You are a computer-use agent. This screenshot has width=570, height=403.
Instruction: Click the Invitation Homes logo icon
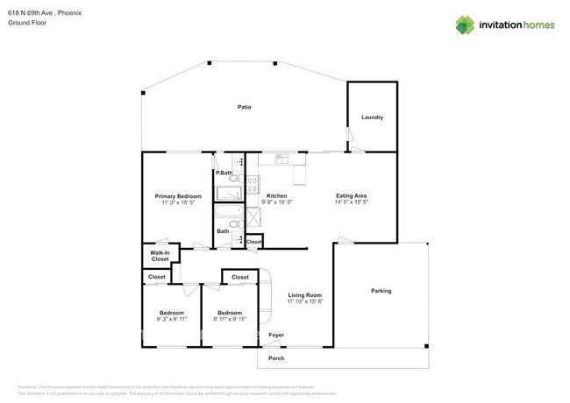point(465,25)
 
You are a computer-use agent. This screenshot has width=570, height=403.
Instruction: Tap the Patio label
point(245,107)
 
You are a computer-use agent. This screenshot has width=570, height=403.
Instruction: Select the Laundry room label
point(373,117)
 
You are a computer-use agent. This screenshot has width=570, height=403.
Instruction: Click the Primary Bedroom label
point(178,196)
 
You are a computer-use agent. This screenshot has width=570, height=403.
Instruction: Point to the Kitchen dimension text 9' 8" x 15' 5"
point(276,202)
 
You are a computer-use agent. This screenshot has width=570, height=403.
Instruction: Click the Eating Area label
point(352,195)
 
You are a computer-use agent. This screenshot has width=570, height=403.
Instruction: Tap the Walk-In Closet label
point(160,256)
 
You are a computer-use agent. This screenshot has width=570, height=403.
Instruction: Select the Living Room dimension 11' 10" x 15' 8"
point(306,302)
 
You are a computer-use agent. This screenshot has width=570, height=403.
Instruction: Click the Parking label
point(381,291)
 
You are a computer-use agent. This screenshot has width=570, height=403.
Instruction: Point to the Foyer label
point(276,335)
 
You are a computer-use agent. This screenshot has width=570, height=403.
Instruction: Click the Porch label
point(276,358)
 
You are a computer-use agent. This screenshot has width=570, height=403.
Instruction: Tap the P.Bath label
point(224,173)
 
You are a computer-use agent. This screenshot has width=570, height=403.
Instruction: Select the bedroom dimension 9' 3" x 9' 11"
point(172,320)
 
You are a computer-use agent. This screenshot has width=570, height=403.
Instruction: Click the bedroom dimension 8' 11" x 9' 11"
point(230,320)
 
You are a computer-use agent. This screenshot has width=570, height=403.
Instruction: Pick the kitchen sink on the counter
point(281,159)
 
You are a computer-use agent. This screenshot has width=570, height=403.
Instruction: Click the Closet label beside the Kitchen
point(253,242)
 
